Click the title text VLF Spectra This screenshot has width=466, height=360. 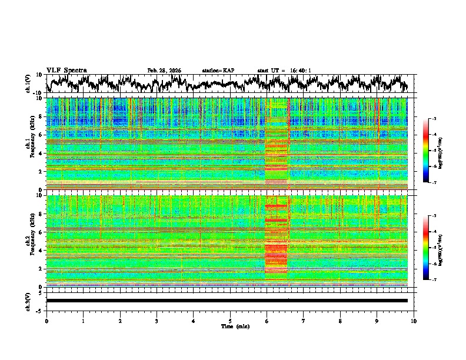(66, 71)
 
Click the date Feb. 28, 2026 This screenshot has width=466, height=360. (164, 71)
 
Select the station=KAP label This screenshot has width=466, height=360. (218, 71)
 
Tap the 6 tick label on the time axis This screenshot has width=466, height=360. (267, 321)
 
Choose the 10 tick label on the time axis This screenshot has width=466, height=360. (414, 321)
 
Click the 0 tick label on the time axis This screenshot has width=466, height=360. (46, 321)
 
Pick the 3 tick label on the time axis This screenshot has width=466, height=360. (157, 321)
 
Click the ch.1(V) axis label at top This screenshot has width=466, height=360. (28, 84)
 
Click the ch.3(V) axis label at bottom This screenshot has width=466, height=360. (28, 301)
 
